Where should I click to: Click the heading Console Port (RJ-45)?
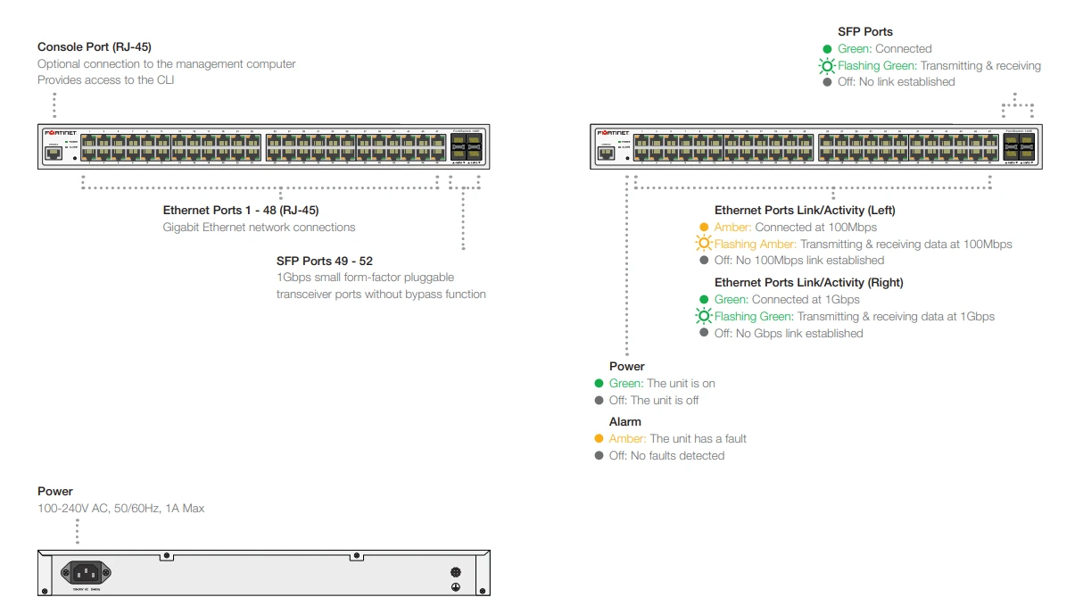[x=94, y=46]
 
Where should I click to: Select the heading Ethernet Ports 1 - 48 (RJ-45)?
[x=240, y=211]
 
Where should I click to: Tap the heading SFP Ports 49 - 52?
[x=324, y=261]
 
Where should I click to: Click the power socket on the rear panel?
[x=84, y=573]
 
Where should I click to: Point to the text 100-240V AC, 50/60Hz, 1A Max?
[x=120, y=509]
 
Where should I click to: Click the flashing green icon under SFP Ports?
[x=827, y=66]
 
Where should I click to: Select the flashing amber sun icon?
[x=704, y=245]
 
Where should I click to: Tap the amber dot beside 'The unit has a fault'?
[x=599, y=439]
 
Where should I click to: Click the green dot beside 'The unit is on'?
[x=599, y=384]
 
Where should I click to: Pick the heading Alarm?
[x=624, y=422]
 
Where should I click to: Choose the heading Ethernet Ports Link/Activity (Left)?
[x=804, y=211]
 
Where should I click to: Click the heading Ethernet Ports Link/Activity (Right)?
[x=808, y=283]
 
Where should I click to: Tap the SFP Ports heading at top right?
[x=864, y=32]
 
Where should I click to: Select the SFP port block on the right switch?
[x=1018, y=146]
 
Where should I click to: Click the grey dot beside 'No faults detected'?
[x=599, y=456]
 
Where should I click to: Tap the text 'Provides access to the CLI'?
[x=105, y=80]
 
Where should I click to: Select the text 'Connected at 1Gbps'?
[x=805, y=300]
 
